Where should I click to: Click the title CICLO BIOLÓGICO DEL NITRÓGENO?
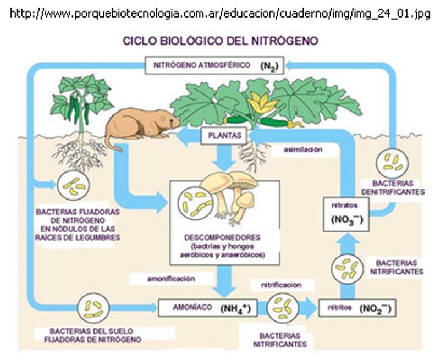tap(219, 41)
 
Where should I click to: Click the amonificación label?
tap(171, 279)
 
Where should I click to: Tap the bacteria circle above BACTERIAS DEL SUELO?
tap(94, 308)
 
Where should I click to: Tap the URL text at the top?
tap(219, 14)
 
